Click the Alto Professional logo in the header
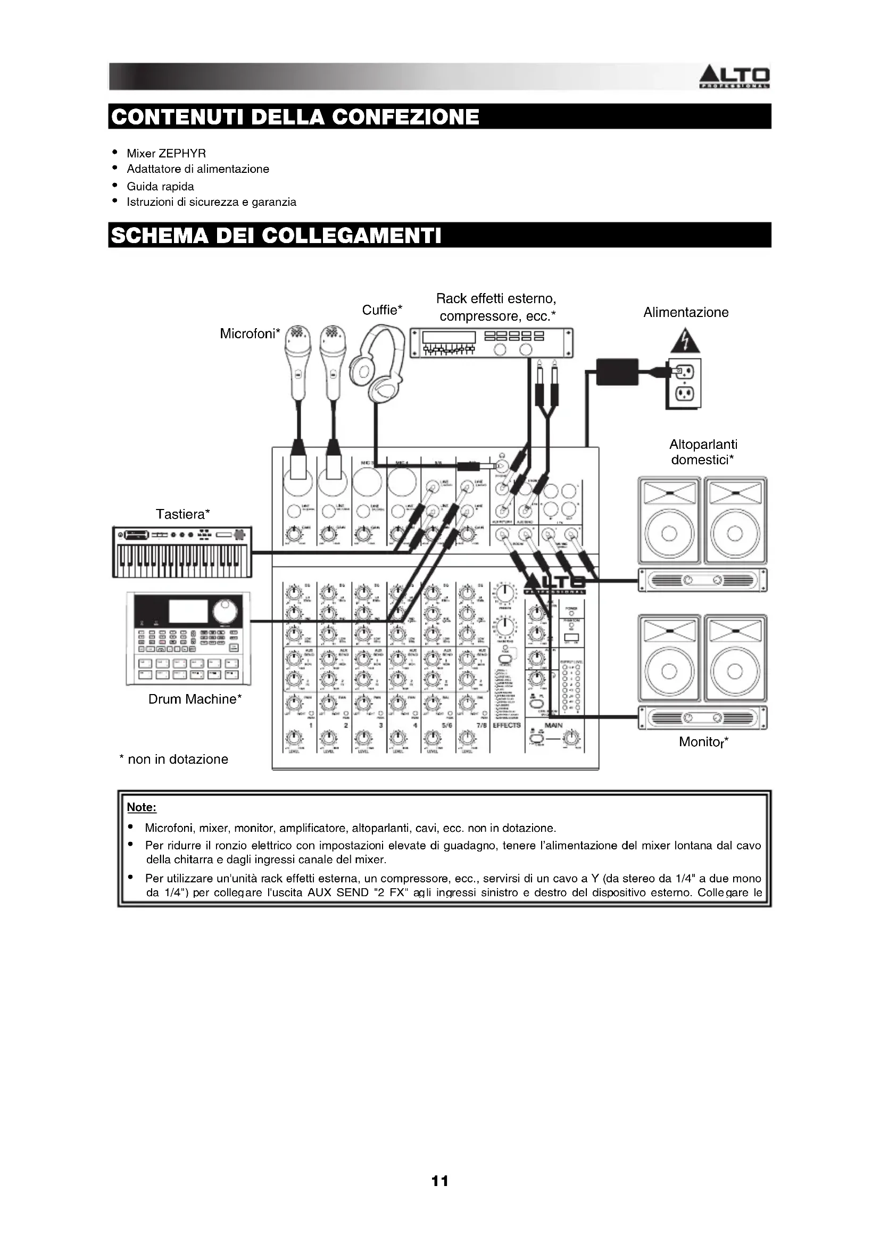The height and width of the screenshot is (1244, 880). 734,78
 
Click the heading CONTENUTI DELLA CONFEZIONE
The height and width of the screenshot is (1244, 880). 295,117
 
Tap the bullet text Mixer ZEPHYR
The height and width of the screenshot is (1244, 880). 166,153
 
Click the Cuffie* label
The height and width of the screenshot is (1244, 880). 382,310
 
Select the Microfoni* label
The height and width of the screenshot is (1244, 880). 250,334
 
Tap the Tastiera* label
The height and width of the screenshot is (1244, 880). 182,514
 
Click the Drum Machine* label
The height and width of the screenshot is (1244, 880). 195,699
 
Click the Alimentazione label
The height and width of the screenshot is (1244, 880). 685,312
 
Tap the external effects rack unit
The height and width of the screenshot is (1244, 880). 491,343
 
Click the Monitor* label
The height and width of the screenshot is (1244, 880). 703,742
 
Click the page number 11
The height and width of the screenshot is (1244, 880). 439,1181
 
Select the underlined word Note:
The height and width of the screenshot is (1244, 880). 142,807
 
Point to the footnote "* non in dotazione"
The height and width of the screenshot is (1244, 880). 173,759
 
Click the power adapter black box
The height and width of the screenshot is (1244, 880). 617,371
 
